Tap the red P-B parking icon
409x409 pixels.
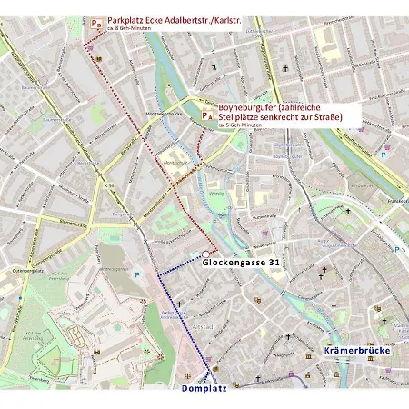(x=96, y=20)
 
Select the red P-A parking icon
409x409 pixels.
(x=208, y=115)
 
